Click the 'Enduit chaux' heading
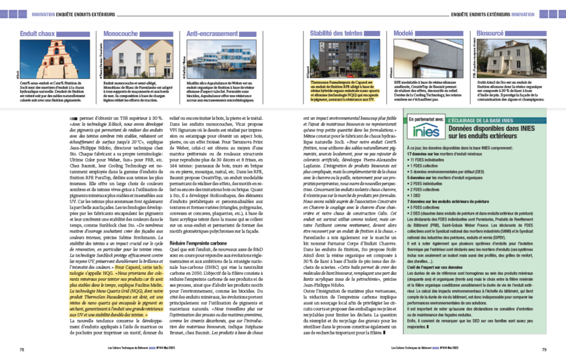[38, 33]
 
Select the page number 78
[21, 349]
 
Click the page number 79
[543, 349]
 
